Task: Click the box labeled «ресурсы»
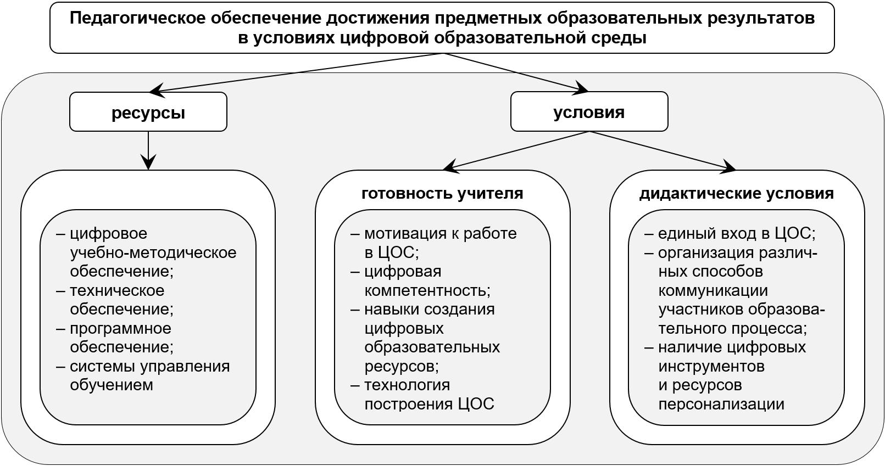coord(148,112)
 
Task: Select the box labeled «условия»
coord(589,112)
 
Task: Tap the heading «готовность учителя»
coord(442,194)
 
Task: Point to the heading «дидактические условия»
coord(736,194)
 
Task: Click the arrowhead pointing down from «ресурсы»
coord(148,162)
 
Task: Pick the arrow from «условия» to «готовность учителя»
coord(516,150)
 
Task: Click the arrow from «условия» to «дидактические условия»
coord(662,150)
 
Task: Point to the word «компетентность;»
coord(427,290)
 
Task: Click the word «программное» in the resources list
coord(120,328)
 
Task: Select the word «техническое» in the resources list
coord(117,290)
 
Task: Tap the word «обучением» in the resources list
coord(112,385)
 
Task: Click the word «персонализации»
coord(721,404)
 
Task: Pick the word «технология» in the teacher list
coord(407,385)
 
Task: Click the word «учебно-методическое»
coord(153,252)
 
